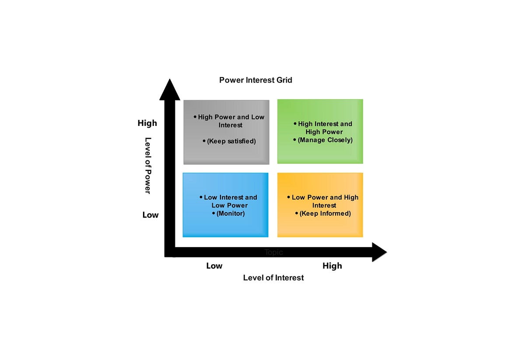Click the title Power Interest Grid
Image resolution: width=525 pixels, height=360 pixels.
click(x=255, y=80)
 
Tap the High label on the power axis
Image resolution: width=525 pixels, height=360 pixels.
click(x=147, y=123)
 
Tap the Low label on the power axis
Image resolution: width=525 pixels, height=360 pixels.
click(x=150, y=215)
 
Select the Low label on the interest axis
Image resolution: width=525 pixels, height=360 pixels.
click(x=214, y=266)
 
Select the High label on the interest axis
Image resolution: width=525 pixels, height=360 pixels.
click(x=332, y=266)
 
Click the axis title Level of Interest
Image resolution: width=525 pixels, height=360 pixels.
click(x=273, y=278)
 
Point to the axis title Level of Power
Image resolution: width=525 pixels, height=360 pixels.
click(x=147, y=165)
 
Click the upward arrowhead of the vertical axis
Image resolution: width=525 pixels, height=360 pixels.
click(x=169, y=90)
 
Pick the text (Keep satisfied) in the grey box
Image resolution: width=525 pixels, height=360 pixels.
click(x=231, y=141)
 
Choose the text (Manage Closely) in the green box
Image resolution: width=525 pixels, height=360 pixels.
click(x=325, y=140)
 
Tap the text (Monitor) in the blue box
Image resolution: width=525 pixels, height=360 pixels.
click(x=231, y=213)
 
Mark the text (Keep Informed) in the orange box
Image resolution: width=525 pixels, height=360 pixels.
click(x=325, y=213)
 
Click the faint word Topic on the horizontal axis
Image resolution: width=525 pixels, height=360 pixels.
click(x=274, y=252)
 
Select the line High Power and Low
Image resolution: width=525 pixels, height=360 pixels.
click(x=231, y=117)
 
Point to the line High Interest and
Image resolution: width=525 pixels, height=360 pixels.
click(x=325, y=124)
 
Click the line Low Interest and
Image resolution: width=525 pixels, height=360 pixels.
click(x=231, y=197)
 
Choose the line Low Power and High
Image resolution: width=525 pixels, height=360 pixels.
click(x=325, y=197)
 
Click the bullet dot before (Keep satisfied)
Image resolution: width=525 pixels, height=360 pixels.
click(x=204, y=141)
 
